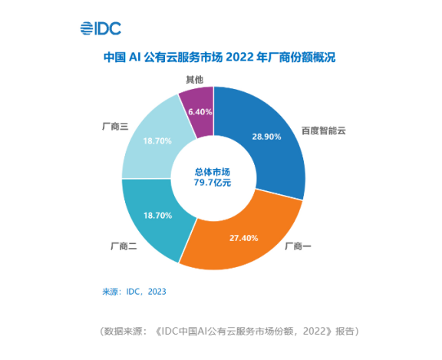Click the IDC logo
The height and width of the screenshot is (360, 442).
[101, 29]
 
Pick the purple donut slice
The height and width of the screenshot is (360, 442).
[197, 111]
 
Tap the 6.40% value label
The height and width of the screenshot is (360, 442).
[200, 112]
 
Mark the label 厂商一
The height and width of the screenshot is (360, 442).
[299, 246]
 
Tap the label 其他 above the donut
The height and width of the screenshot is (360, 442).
[196, 79]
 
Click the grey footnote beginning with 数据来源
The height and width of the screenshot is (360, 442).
[229, 332]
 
